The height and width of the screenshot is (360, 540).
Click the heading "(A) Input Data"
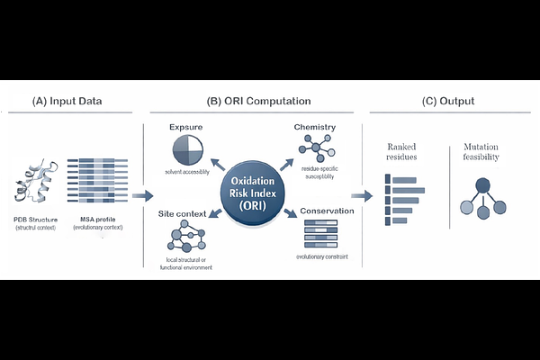67,101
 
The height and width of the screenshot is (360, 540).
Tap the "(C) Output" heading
448,101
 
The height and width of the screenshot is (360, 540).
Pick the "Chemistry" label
315,126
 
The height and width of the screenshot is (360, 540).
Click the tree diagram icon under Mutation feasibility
483,199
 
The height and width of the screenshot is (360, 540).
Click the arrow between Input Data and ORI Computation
141,195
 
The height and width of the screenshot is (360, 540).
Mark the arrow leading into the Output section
362,195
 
